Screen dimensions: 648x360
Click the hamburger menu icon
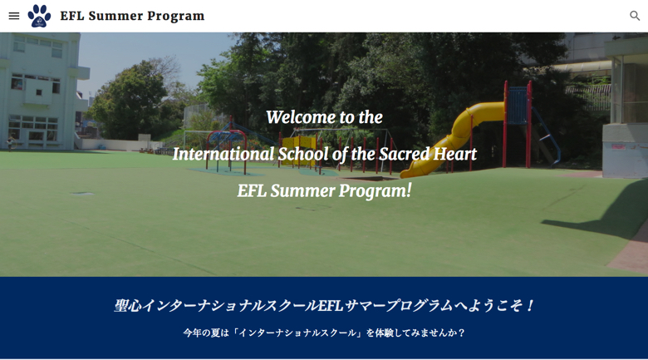point(14,16)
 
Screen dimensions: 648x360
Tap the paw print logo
point(39,16)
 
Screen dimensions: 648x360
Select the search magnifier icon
point(635,16)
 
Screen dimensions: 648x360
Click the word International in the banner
point(223,154)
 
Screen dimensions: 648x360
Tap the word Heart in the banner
point(454,154)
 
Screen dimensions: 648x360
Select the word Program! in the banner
point(375,191)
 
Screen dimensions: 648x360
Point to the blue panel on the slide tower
point(517,106)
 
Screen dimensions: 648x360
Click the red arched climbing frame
point(227,150)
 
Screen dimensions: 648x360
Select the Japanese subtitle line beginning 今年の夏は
point(324,333)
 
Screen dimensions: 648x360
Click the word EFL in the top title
point(72,16)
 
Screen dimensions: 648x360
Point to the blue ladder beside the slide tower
point(546,135)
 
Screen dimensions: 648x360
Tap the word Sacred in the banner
point(405,154)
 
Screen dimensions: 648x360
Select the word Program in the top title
point(175,16)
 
